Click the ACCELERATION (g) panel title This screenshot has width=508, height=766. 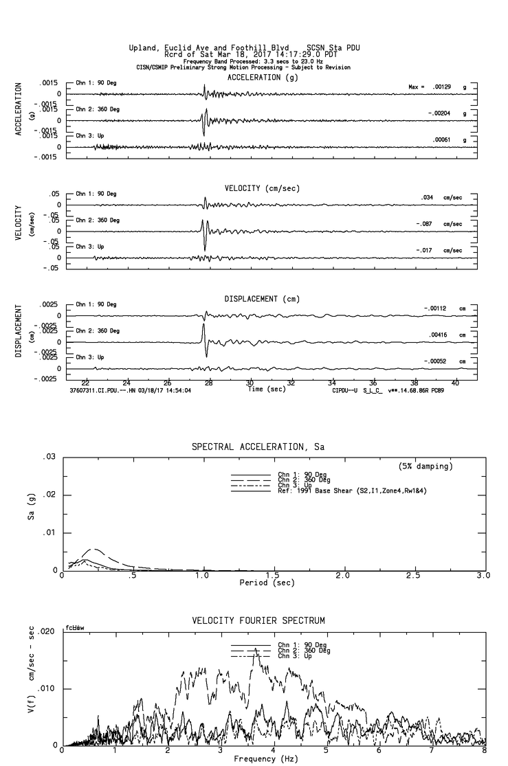tap(263, 78)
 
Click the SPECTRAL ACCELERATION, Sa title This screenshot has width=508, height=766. tap(258, 447)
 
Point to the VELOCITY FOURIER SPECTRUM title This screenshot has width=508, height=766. tap(258, 620)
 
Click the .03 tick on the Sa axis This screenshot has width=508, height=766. tap(49, 457)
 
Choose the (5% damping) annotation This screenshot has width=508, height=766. tap(426, 466)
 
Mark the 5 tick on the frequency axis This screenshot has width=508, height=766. tap(327, 752)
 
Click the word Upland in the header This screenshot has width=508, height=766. tap(143, 48)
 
